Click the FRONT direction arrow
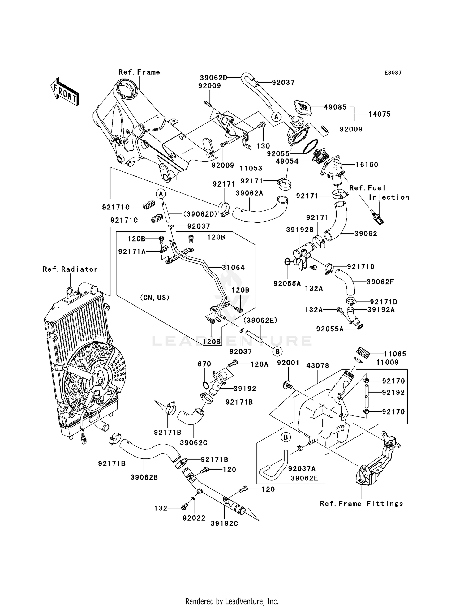point(65,92)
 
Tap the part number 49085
point(335,107)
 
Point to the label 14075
point(379,114)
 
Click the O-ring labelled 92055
point(311,146)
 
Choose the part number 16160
point(367,165)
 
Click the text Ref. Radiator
point(70,269)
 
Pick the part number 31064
point(233,267)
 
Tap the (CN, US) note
point(155,298)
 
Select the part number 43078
point(318,365)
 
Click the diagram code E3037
point(393,73)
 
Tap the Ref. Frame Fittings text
point(361,504)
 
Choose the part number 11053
point(251,168)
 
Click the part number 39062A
point(249,193)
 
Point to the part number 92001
point(288,363)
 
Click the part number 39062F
point(380,282)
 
